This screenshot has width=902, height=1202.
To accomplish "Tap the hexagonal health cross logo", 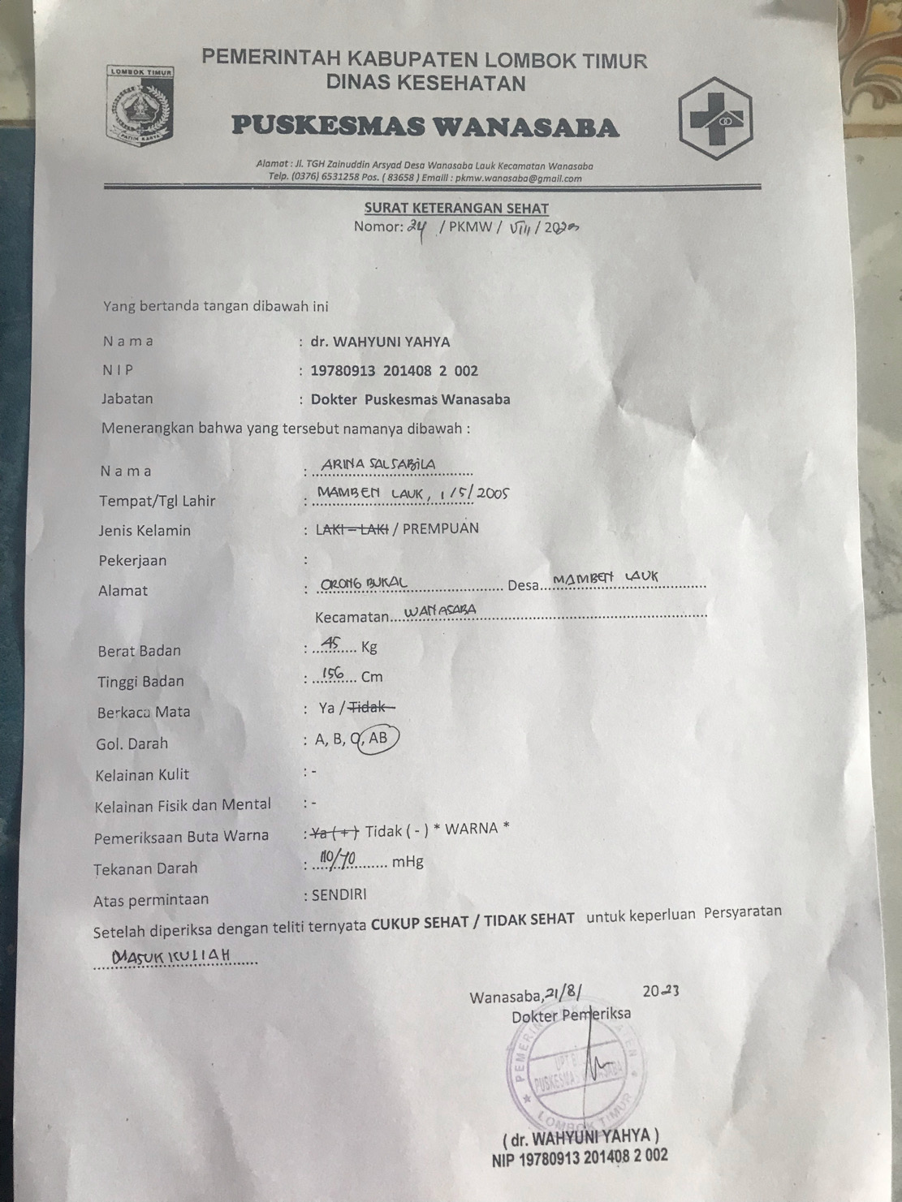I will [x=715, y=118].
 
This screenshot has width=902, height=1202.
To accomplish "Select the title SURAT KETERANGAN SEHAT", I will [x=455, y=209].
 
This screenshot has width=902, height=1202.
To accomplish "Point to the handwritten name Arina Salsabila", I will [x=378, y=464].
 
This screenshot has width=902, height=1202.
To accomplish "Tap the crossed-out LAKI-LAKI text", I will [x=352, y=530].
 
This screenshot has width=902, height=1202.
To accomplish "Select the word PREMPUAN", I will [x=440, y=528].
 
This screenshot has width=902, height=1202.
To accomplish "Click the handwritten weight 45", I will [x=331, y=644].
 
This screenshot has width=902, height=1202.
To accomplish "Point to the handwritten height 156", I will [x=333, y=674].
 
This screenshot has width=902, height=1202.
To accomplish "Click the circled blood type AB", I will [x=378, y=738].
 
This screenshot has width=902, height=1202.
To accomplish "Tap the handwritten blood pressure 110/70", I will [x=338, y=859].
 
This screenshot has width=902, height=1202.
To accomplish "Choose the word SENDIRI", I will [x=339, y=894].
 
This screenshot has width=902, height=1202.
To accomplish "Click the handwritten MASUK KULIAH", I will [x=171, y=955].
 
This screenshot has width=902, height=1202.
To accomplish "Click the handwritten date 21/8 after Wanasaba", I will [x=564, y=992].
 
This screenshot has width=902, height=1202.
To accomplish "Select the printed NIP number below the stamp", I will [x=580, y=1157].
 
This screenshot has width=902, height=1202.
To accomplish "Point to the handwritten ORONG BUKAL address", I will [x=363, y=584].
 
